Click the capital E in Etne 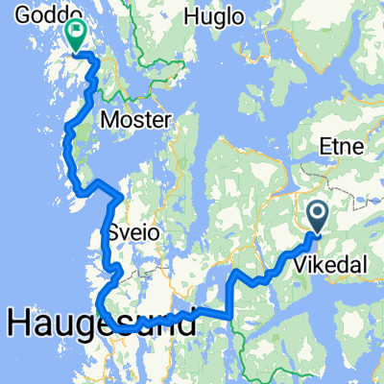click(324, 145)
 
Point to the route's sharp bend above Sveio click(118, 199)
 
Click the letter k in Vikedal click(328, 261)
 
